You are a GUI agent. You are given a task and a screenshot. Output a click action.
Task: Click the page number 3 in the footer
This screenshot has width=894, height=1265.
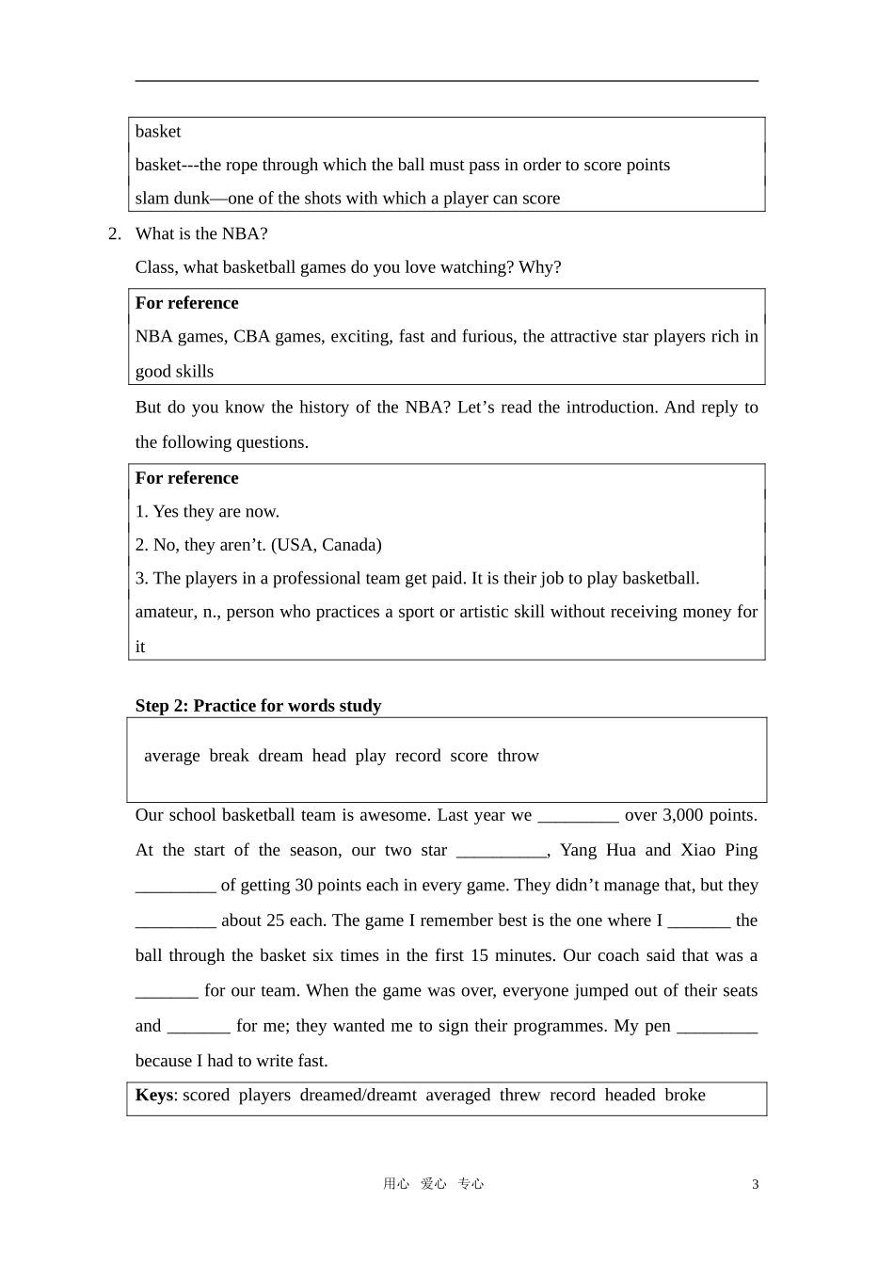[x=755, y=1184]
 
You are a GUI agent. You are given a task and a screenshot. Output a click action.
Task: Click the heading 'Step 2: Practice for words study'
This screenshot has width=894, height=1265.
[x=258, y=706]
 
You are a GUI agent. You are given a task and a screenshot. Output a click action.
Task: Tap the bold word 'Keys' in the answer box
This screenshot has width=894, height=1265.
[x=154, y=1095]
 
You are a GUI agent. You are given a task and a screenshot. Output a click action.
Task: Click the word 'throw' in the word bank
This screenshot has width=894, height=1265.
[x=518, y=756]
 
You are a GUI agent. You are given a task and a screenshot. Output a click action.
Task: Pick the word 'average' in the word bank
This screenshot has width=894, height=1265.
[x=172, y=756]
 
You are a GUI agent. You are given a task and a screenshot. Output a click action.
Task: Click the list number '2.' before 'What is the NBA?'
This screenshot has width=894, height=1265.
[x=115, y=233]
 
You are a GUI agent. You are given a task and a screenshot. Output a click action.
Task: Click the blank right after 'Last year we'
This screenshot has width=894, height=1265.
[x=578, y=816]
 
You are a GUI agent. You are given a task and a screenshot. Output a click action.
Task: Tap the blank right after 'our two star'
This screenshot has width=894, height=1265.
[x=501, y=851]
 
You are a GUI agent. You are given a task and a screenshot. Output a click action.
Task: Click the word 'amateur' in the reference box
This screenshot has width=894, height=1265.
[x=165, y=612]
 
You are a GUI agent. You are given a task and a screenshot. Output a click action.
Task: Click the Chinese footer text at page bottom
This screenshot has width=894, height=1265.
[x=433, y=1184]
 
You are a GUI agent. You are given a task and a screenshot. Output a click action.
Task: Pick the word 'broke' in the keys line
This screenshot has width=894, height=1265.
[x=684, y=1095]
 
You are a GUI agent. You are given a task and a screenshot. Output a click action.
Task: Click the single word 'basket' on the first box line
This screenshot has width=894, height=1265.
[x=158, y=132]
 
